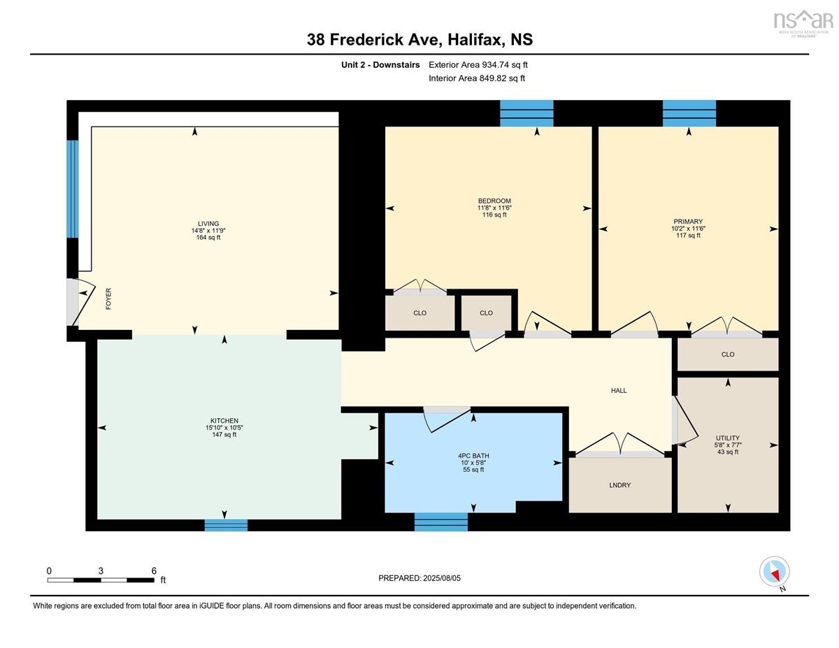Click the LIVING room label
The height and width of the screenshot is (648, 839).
tap(208, 224)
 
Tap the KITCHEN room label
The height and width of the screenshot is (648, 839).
tap(224, 421)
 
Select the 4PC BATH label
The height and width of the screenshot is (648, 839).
tap(473, 456)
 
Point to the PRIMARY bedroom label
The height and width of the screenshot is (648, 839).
tap(688, 222)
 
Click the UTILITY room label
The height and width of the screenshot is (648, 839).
tap(728, 438)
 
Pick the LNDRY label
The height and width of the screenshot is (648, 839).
tap(619, 485)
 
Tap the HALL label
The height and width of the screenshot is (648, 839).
tap(619, 391)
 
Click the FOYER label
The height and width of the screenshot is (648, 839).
tap(108, 298)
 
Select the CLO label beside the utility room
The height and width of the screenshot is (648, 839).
tap(728, 354)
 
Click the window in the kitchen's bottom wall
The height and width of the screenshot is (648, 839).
tap(226, 525)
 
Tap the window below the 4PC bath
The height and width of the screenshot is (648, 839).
tap(441, 521)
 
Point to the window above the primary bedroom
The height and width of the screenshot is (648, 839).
tap(689, 113)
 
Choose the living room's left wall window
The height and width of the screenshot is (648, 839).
tap(73, 189)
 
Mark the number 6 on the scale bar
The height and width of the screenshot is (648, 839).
tap(154, 571)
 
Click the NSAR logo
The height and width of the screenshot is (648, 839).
tap(801, 23)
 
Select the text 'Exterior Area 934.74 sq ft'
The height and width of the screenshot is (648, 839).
tap(478, 65)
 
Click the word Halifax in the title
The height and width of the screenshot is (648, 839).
tap(475, 40)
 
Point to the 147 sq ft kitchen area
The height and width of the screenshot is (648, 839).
tap(224, 435)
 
